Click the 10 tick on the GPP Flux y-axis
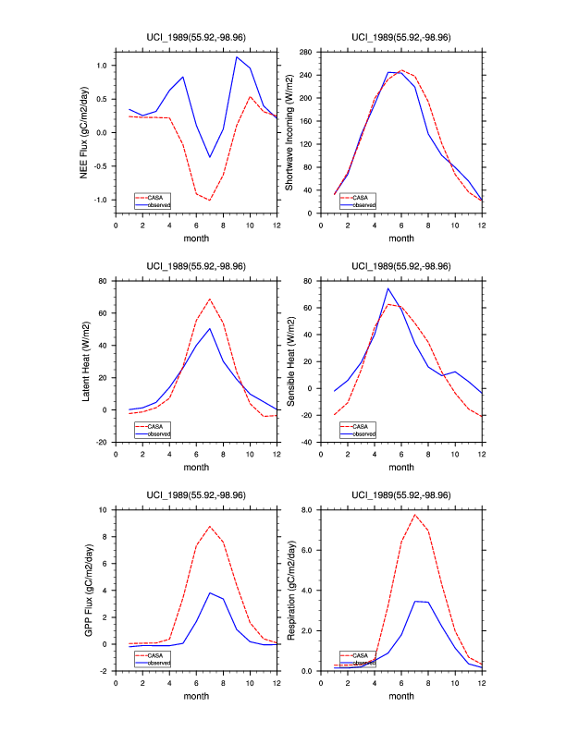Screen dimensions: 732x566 (104, 509)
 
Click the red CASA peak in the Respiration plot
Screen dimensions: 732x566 (415, 515)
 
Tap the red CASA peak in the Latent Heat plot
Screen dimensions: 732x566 (210, 299)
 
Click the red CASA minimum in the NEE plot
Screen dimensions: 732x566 (210, 200)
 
